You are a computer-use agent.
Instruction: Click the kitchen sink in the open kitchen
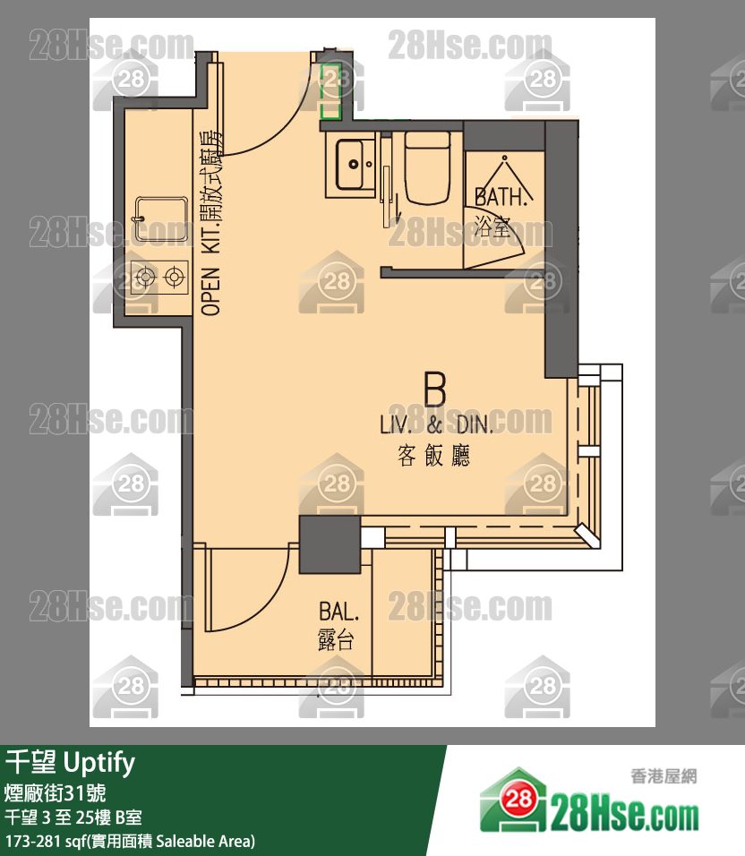pos(161,218)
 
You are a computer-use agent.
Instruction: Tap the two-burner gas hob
pos(159,278)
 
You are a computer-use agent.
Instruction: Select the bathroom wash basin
pos(351,164)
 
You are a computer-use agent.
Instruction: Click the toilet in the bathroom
pos(427,167)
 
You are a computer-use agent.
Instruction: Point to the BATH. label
pos(501,196)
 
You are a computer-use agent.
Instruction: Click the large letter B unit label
pos(435,389)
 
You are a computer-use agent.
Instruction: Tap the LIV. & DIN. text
pos(436,424)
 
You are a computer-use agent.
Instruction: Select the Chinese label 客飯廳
pos(434,455)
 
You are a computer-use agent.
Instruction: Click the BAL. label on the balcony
pos(339,612)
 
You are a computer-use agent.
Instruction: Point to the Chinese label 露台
pos(336,639)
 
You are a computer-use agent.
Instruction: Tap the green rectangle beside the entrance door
pos(330,91)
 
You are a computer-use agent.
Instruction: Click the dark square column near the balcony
pos(330,544)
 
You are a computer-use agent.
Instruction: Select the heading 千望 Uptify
pos(70,762)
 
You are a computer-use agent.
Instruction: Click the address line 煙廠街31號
pos(56,792)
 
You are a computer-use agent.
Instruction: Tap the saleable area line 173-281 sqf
pos(130,841)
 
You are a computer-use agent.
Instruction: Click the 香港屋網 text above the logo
pos(664,775)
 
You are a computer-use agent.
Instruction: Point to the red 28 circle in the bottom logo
pos(518,800)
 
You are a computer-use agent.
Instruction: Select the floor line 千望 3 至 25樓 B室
pos(73,817)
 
